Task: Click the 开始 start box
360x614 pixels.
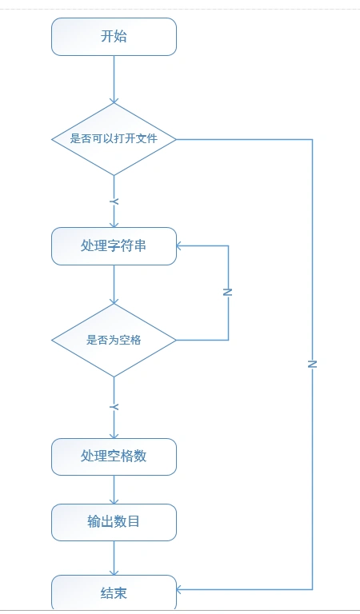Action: [x=114, y=37]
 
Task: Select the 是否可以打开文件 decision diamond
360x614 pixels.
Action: [x=114, y=139]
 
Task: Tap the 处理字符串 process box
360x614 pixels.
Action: [x=114, y=246]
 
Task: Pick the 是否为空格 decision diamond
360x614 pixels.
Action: [x=114, y=340]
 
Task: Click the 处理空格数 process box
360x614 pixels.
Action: [x=114, y=457]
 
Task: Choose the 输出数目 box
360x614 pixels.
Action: [x=114, y=522]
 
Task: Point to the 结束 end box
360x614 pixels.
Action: [x=114, y=593]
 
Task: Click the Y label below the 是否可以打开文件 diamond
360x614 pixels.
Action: [x=114, y=201]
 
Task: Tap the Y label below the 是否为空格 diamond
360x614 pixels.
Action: [x=114, y=408]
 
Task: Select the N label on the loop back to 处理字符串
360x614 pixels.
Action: [x=228, y=293]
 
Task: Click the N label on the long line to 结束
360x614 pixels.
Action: [x=312, y=364]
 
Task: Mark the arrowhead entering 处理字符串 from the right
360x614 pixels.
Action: [x=180, y=246]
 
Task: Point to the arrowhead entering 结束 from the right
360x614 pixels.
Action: [x=180, y=589]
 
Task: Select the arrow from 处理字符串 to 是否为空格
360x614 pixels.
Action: [x=114, y=284]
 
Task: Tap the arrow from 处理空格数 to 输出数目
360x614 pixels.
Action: [x=114, y=489]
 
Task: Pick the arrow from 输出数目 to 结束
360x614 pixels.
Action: [x=114, y=557]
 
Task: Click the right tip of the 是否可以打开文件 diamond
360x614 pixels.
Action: [x=175, y=139]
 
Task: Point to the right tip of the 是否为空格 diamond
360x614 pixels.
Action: [x=175, y=340]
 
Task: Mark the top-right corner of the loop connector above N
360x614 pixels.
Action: [x=228, y=246]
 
